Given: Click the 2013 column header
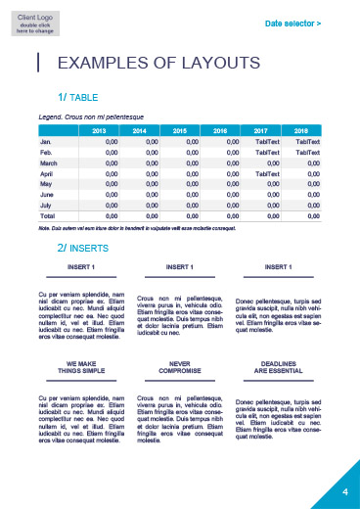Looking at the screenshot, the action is point(99,130).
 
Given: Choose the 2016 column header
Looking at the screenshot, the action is point(220,130).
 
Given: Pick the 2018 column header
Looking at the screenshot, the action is point(301,130).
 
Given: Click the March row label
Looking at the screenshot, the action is point(48,162).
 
